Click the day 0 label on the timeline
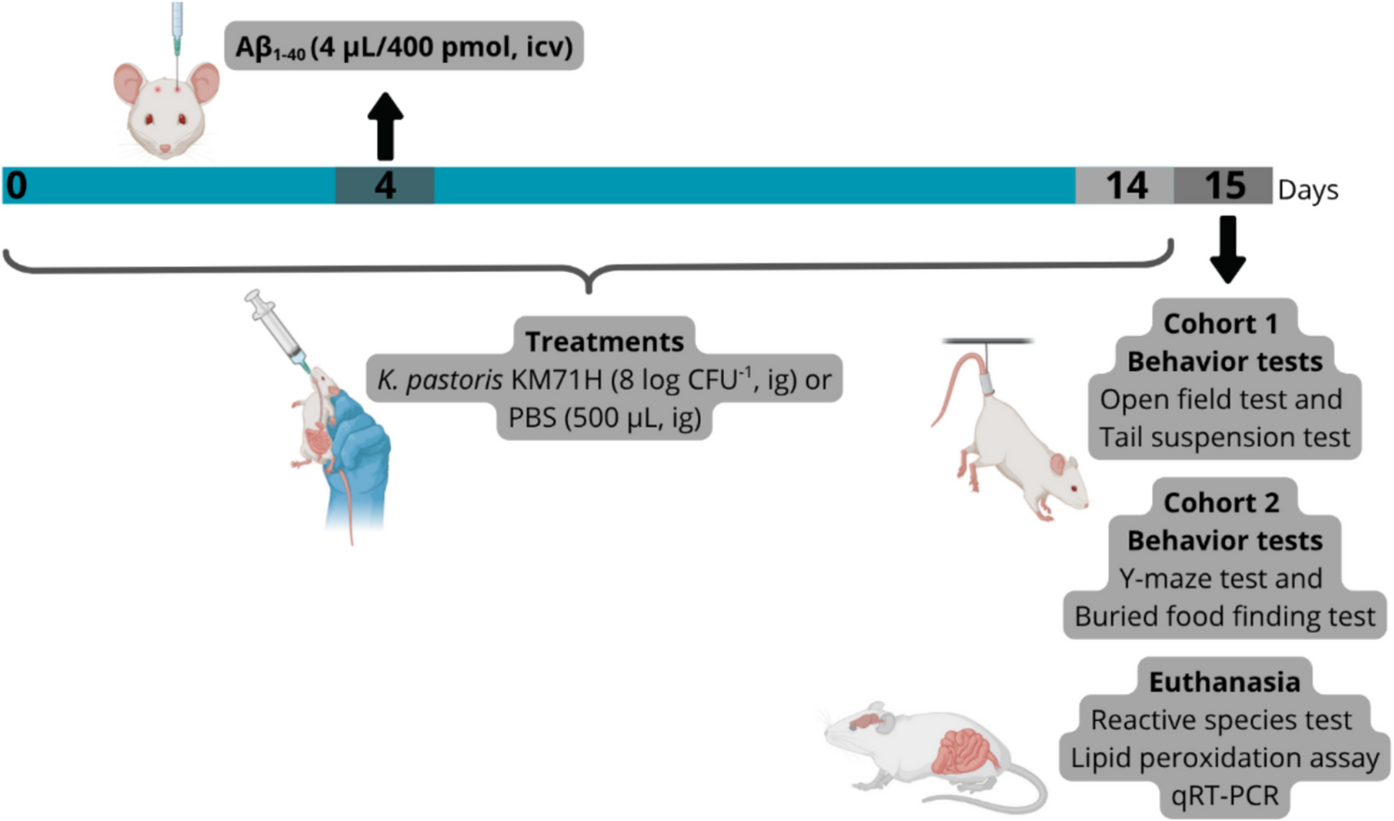[x=17, y=186]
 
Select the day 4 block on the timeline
[x=384, y=186]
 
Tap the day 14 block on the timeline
[x=1125, y=186]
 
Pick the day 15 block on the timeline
[x=1223, y=186]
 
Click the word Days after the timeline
[x=1308, y=190]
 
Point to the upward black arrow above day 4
[x=385, y=127]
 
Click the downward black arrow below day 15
[x=1227, y=249]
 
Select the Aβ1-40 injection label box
[x=404, y=46]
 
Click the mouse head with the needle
[x=167, y=107]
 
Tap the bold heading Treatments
[x=604, y=341]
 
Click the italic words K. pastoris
[x=440, y=379]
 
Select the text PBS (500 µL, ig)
[x=604, y=417]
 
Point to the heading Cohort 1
[x=1220, y=324]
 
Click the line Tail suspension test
[x=1224, y=437]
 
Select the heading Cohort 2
[x=1221, y=503]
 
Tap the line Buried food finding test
[x=1224, y=616]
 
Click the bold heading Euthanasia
[x=1224, y=682]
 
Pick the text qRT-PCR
[x=1224, y=795]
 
